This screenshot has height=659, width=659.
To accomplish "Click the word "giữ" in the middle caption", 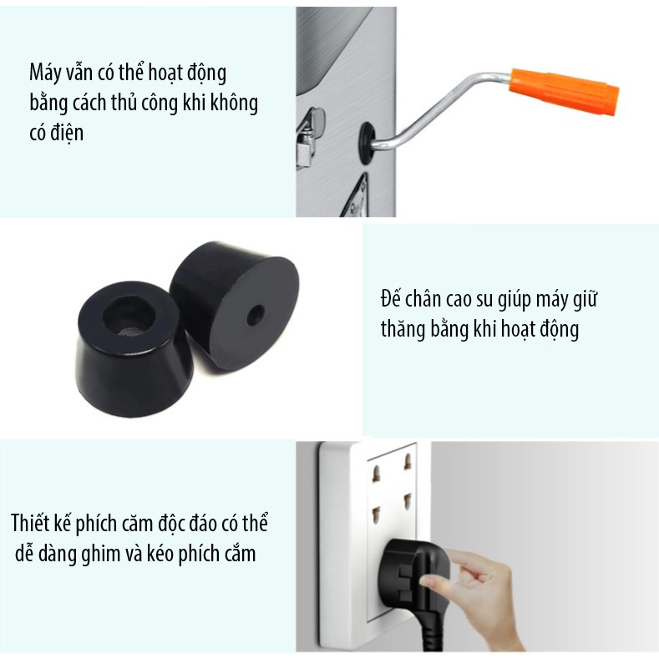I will pos(585,300).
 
